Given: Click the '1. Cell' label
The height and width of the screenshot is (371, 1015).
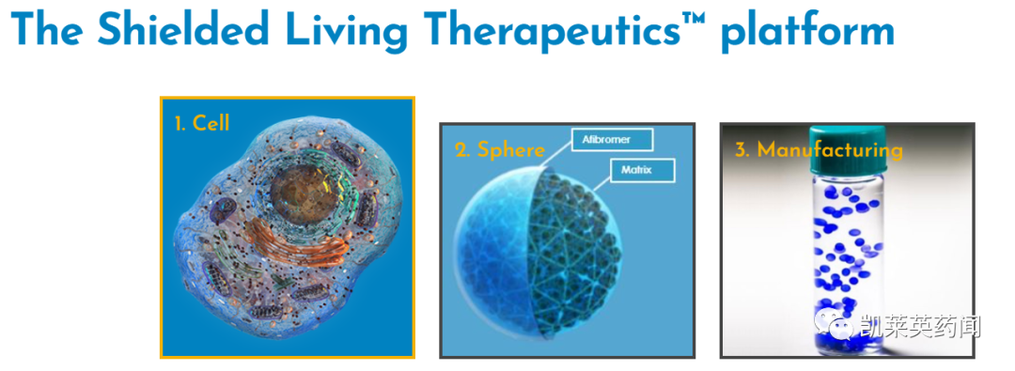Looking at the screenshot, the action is (x=202, y=122).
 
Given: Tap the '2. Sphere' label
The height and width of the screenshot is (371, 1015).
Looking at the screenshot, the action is (x=500, y=149).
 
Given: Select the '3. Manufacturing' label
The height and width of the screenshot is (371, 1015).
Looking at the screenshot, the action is (x=819, y=149).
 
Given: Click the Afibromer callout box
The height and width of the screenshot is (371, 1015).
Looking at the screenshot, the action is (x=612, y=139).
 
